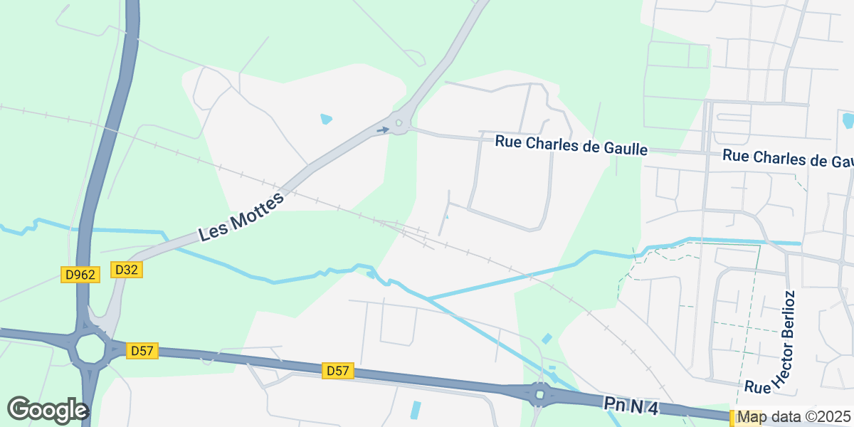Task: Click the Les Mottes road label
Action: (x=242, y=216)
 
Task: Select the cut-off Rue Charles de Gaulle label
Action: (x=788, y=159)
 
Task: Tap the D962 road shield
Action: (x=79, y=275)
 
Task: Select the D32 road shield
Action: (x=127, y=270)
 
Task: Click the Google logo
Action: (x=48, y=410)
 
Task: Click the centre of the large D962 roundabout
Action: (x=90, y=349)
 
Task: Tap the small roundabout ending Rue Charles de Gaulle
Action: (x=399, y=124)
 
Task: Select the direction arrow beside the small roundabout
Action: (x=383, y=130)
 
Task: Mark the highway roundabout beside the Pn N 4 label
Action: (x=539, y=394)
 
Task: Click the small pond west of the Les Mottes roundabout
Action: (x=326, y=119)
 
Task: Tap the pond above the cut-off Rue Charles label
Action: (x=848, y=120)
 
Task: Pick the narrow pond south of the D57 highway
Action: (x=416, y=410)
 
